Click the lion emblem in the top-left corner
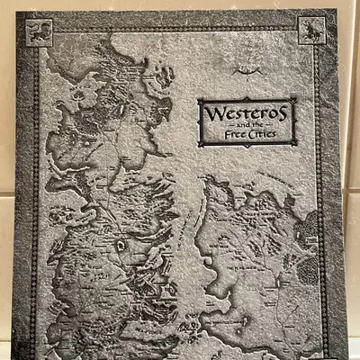coord(39,33)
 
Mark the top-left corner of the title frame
coord(200,100)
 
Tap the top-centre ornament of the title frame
coord(247,99)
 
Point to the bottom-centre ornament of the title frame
coord(247,145)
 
